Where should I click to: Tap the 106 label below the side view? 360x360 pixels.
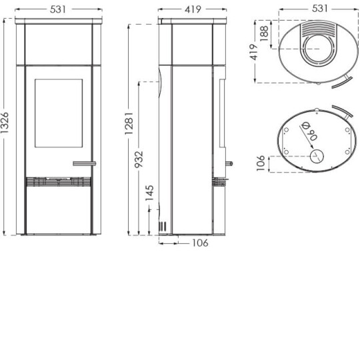pyautogui.click(x=199, y=243)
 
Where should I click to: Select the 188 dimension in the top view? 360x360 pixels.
pyautogui.click(x=265, y=33)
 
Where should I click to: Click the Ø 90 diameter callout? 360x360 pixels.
pyautogui.click(x=308, y=135)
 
